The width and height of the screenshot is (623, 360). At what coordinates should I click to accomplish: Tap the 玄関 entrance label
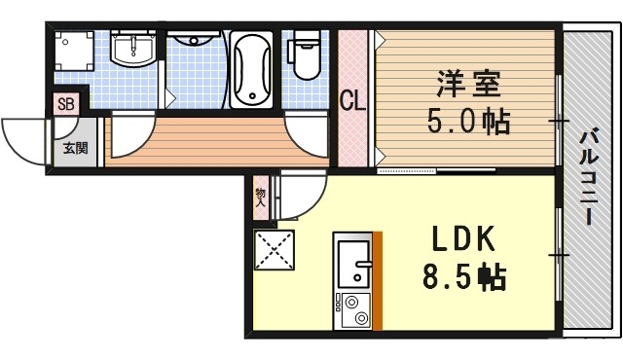point(75,149)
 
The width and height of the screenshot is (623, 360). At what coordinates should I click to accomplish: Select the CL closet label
point(352,99)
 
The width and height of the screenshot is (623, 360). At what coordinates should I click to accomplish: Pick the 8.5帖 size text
point(463,278)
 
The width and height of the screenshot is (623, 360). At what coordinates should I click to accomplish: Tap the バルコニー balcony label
point(588,176)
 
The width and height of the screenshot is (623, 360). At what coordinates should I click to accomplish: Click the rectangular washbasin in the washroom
point(130,48)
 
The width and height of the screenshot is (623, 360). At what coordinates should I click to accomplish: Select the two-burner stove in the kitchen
point(353,311)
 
